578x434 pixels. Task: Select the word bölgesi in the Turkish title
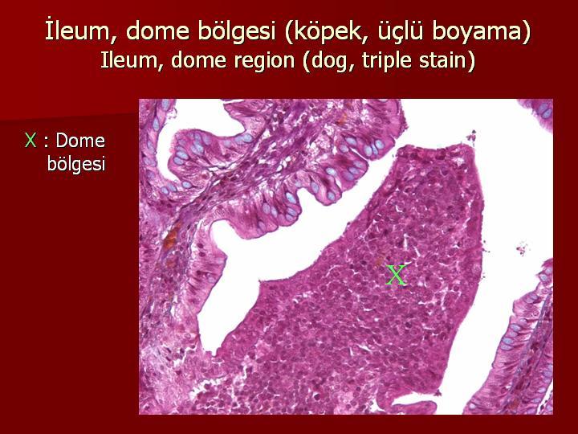click(x=237, y=31)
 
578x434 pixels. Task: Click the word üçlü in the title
click(x=400, y=31)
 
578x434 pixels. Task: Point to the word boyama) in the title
click(x=482, y=31)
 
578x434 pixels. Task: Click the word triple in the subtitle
click(x=387, y=61)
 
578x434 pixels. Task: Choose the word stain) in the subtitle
click(x=447, y=60)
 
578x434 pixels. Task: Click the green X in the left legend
click(x=31, y=141)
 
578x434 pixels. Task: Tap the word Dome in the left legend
click(x=80, y=141)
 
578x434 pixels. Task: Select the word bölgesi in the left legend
click(x=76, y=163)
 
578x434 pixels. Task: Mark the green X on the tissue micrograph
click(x=397, y=275)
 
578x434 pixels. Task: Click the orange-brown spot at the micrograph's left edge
click(x=170, y=240)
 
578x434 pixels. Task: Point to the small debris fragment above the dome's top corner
click(x=471, y=136)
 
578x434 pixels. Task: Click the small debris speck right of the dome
click(x=523, y=248)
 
